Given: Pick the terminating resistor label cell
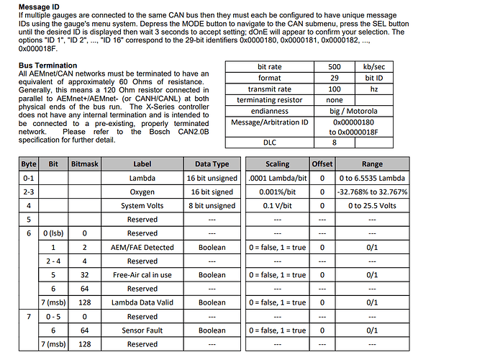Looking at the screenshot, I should [270, 100].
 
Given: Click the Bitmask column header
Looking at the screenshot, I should [86, 163].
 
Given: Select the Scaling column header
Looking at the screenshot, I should [277, 163].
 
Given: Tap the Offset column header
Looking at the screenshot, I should [322, 163].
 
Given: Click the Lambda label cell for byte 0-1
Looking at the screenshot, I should [142, 178].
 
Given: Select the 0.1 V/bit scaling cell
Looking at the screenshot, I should [277, 205].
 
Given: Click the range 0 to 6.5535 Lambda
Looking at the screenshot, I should [372, 178].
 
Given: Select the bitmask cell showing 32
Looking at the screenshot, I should [86, 274].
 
